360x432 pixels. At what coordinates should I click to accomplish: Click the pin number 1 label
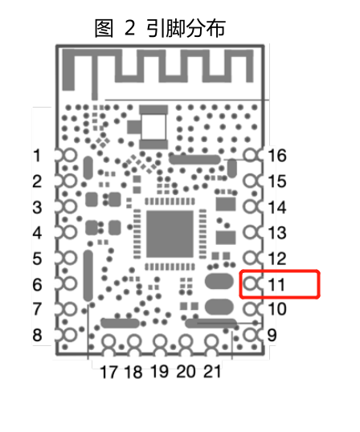(x=37, y=156)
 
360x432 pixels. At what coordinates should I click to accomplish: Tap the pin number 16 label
(x=277, y=156)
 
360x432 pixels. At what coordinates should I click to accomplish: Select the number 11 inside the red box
(x=276, y=284)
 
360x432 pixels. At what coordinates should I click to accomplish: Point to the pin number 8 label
(x=37, y=336)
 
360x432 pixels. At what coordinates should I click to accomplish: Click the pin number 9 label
(x=272, y=336)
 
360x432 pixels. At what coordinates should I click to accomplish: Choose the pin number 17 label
(x=108, y=372)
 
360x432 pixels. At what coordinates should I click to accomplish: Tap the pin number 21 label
(x=212, y=372)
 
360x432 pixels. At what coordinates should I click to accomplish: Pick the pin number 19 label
(x=160, y=372)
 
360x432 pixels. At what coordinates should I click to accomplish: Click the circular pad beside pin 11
(x=251, y=283)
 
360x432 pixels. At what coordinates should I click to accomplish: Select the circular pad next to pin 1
(x=70, y=155)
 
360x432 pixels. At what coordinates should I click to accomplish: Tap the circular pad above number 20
(x=186, y=341)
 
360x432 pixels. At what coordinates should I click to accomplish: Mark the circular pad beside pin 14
(x=251, y=206)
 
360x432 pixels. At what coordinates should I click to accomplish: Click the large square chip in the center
(x=170, y=234)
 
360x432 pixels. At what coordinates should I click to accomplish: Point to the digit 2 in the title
(x=129, y=28)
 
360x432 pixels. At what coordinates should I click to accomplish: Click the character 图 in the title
(x=104, y=28)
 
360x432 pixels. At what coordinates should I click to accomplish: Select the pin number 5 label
(x=37, y=259)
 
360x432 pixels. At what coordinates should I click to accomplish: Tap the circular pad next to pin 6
(x=70, y=283)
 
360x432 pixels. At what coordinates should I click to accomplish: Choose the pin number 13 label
(x=277, y=233)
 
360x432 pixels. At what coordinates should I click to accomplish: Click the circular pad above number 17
(x=109, y=341)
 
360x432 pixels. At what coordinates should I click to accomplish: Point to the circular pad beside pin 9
(x=251, y=335)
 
